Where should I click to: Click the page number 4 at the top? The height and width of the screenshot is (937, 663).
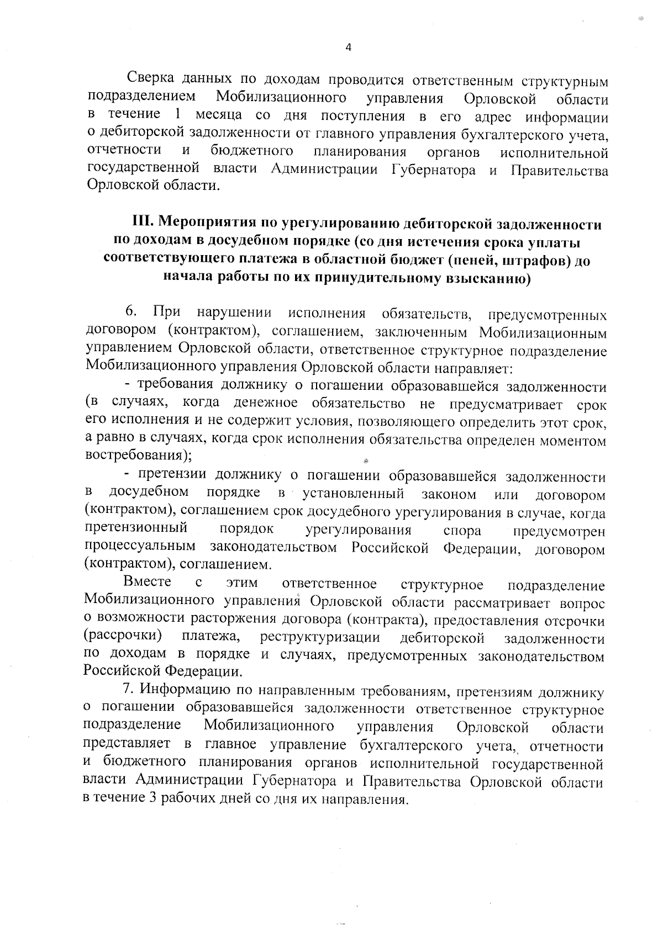tap(348, 47)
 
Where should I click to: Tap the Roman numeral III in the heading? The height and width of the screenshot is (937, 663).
tap(142, 223)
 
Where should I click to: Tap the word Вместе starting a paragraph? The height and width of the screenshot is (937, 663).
tap(147, 582)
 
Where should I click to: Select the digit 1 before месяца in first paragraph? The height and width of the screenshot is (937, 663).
tap(177, 115)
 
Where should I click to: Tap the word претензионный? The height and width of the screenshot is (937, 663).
tap(136, 528)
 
